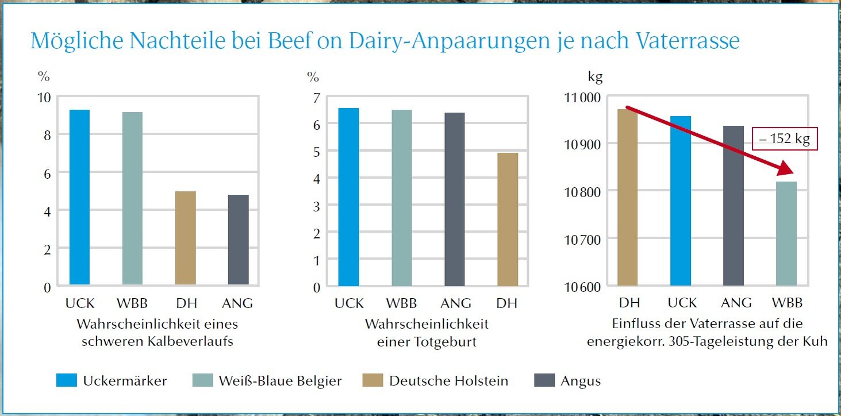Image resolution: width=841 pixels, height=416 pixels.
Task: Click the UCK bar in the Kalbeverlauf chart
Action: pos(79,197)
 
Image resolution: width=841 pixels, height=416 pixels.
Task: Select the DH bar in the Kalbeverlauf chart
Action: pos(185,238)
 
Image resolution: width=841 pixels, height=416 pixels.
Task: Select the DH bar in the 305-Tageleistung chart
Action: pos(628,197)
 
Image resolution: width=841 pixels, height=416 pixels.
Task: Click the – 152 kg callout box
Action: pos(785,140)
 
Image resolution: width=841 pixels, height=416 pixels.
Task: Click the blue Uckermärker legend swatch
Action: pos(66,380)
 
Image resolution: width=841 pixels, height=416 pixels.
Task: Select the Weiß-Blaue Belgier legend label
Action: pos(280,380)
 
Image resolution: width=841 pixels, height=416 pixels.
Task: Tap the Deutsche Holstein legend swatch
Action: pos(373,380)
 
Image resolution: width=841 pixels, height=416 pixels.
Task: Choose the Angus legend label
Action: pos(581,380)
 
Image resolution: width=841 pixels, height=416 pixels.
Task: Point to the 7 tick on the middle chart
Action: pos(316,97)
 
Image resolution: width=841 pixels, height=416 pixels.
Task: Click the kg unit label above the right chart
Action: pos(595,76)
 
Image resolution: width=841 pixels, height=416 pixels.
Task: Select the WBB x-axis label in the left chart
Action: pos(133,303)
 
